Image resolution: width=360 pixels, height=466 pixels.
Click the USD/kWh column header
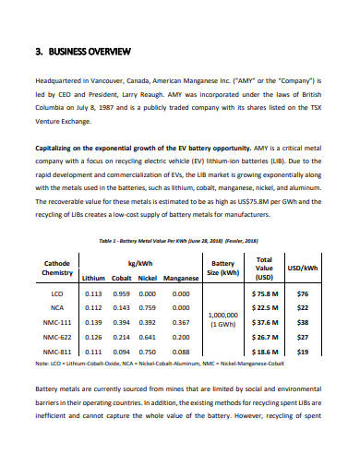click(x=303, y=268)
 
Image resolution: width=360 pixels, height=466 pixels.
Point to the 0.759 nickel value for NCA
click(x=148, y=308)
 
